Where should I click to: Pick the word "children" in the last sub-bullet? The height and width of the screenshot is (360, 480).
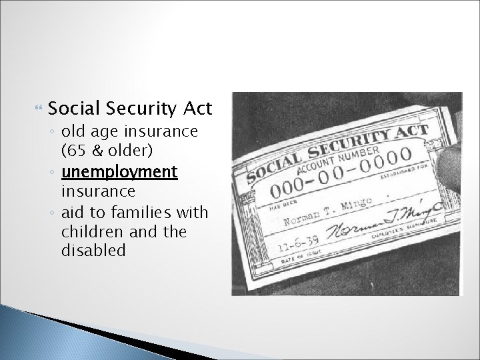point(87,231)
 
